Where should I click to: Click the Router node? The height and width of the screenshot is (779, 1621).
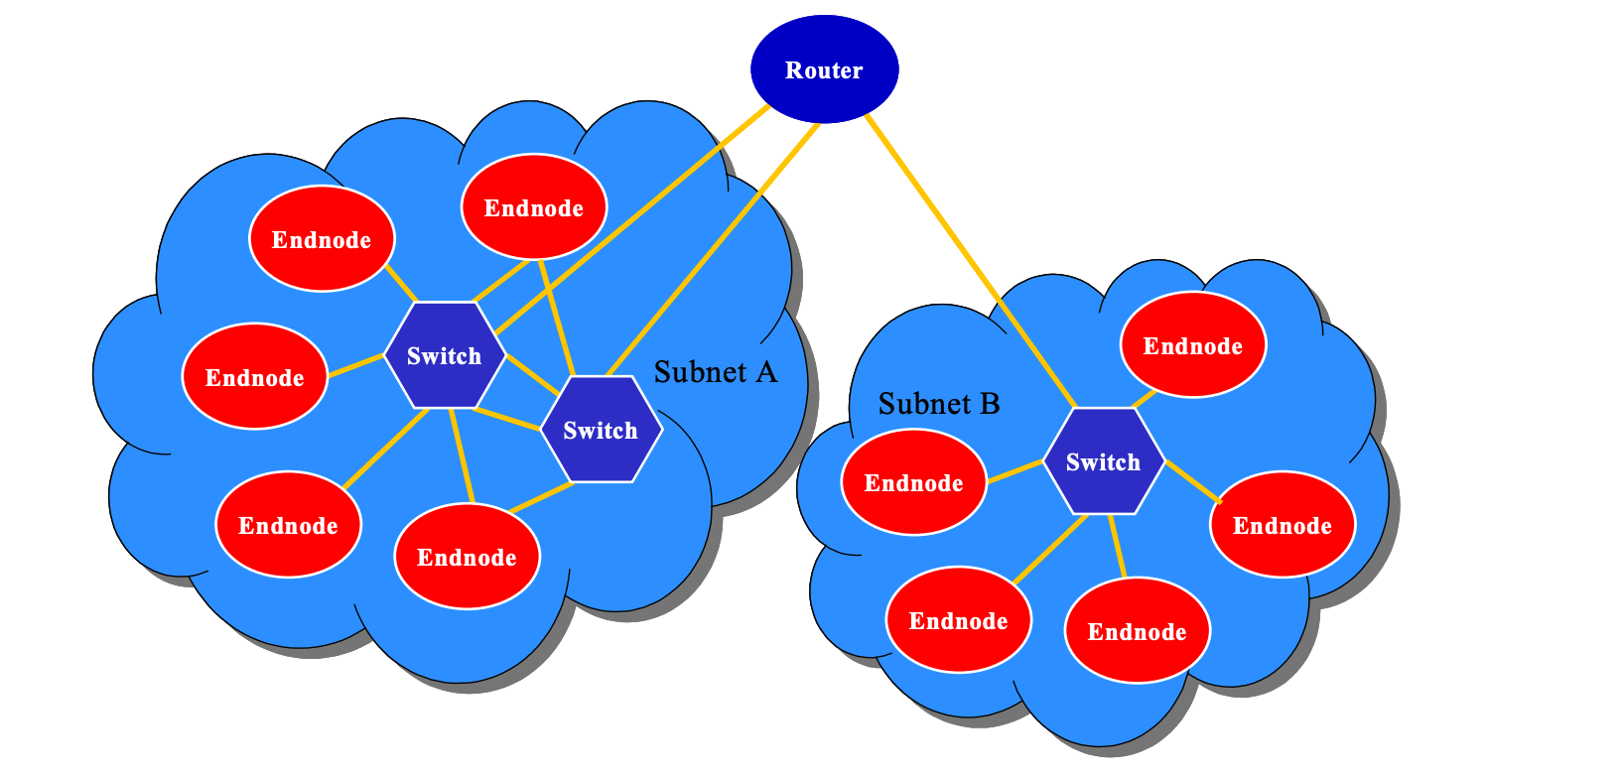click(824, 69)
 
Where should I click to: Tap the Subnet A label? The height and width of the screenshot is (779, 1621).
click(715, 372)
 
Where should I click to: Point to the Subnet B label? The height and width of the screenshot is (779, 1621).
click(939, 404)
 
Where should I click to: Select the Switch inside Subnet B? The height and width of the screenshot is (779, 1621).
click(1103, 461)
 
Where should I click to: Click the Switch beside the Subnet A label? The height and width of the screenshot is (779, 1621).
click(601, 430)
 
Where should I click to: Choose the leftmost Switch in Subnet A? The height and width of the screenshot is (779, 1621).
click(444, 355)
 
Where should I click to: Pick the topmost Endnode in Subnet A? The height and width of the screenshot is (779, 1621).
click(534, 207)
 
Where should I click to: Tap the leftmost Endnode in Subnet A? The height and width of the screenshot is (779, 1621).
click(255, 377)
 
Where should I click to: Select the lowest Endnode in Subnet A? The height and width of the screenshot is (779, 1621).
click(467, 557)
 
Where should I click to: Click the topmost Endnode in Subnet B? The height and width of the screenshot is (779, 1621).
click(1192, 345)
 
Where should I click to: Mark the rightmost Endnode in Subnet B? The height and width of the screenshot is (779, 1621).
click(1283, 525)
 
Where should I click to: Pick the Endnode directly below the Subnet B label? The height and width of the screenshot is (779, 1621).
click(913, 482)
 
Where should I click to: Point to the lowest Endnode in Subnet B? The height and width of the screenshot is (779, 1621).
click(1137, 631)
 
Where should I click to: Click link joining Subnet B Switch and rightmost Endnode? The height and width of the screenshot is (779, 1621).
click(1191, 480)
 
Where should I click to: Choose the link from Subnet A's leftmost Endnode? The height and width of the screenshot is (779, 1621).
click(355, 365)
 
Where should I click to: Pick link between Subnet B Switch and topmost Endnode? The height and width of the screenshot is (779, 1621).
click(1144, 399)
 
